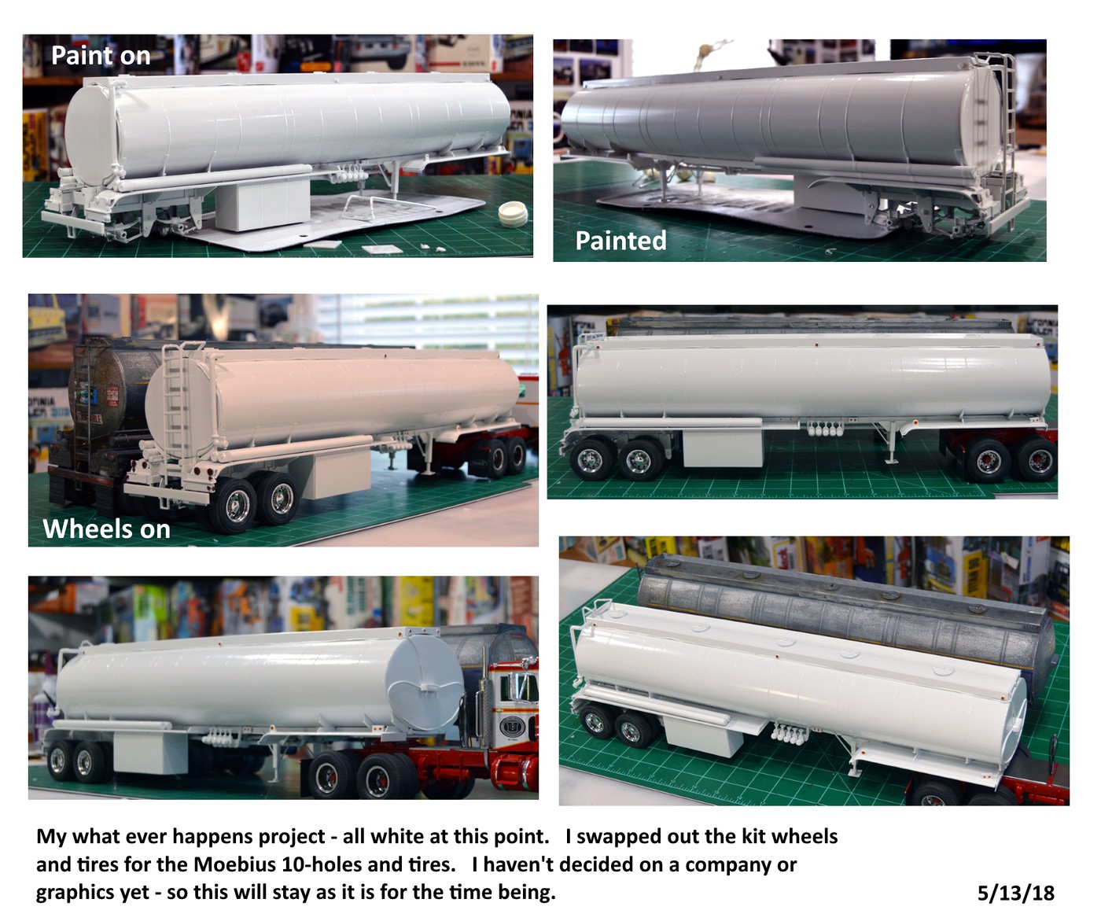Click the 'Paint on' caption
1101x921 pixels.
(x=100, y=56)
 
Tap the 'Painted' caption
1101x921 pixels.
(x=620, y=240)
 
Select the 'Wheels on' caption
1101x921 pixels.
(x=106, y=529)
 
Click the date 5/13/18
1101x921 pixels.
(x=1015, y=893)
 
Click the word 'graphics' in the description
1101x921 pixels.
(x=72, y=893)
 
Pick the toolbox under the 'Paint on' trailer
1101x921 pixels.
(x=262, y=205)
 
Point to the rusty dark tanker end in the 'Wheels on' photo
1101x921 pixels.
(x=102, y=393)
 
